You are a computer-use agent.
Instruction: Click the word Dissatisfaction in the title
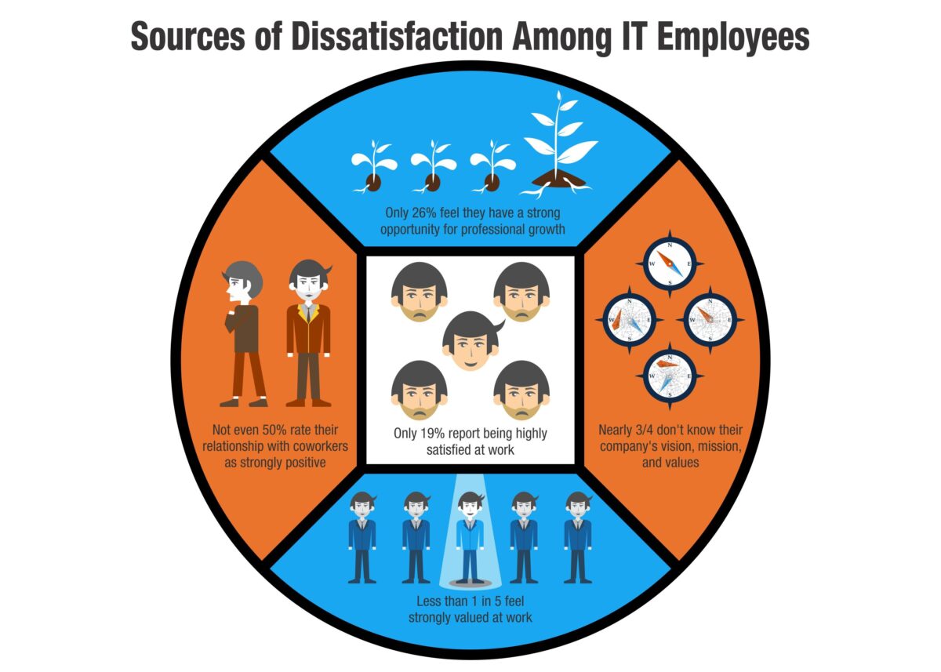(x=397, y=37)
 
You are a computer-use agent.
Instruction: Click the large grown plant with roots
(x=559, y=144)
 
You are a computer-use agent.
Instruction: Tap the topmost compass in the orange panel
(x=670, y=263)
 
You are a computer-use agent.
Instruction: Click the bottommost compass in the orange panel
(x=670, y=376)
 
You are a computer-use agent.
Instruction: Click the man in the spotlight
(x=470, y=538)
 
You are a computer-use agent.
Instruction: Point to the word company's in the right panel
(x=624, y=446)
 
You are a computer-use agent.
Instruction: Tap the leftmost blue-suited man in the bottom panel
(x=362, y=538)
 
